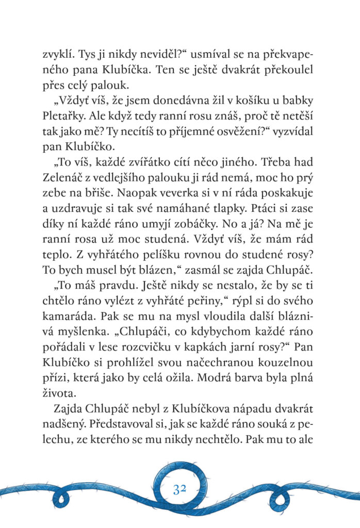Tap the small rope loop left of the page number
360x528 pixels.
tap(62, 498)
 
